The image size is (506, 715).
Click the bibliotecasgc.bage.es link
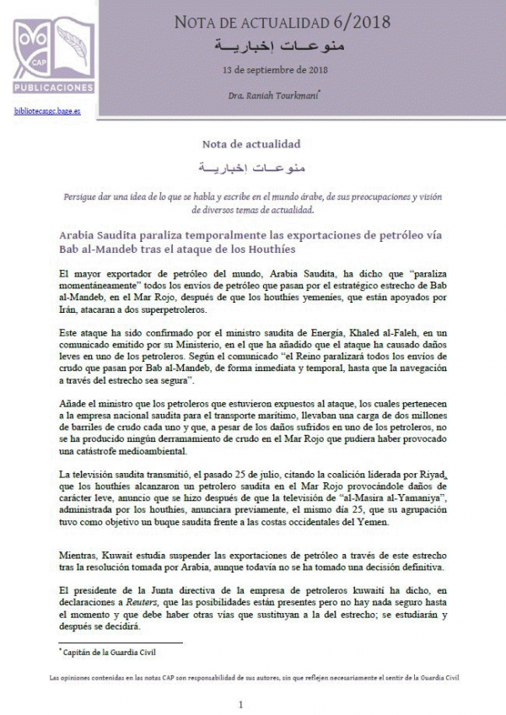point(46,110)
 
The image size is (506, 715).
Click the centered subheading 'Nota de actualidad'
point(252,143)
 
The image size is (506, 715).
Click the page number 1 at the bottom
point(241,704)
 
